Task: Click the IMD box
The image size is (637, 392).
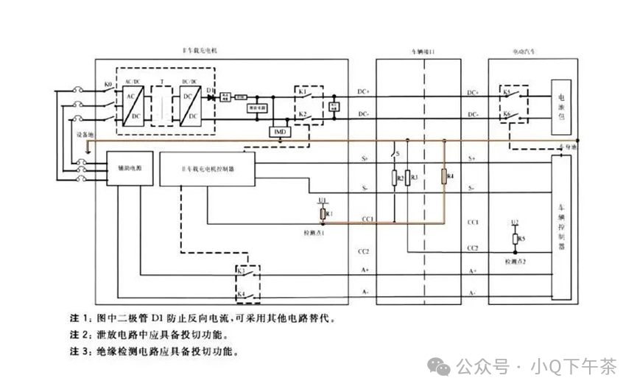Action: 279,131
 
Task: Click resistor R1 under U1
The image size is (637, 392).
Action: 323,214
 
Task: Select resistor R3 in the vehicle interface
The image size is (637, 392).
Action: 407,178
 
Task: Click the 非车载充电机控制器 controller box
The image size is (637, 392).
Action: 208,169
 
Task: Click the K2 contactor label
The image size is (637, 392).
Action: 302,114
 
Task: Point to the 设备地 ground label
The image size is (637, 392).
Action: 82,134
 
